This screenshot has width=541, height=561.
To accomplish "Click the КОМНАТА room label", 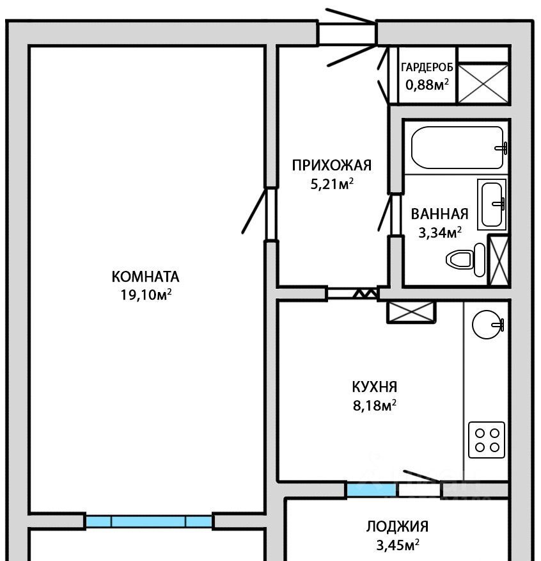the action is coord(145,277).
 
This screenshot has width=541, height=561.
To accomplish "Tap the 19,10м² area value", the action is coord(146,295).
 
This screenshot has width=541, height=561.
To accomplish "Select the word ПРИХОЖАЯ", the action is coord(332,166).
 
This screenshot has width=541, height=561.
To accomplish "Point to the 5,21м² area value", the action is coord(332,184).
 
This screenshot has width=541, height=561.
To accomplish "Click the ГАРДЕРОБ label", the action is coord(427,67).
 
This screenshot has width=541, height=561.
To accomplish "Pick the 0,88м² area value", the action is coord(427,85).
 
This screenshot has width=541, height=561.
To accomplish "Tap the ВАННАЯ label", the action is coord(439,214).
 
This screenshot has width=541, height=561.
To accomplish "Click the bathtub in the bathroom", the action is coord(459,147).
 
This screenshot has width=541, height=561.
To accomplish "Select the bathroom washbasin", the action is coord(492,204).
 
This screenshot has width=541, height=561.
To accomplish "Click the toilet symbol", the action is coord(466,259).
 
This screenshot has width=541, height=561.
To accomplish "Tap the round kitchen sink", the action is coord(487,324).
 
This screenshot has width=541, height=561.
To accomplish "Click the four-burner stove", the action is coord(487,440).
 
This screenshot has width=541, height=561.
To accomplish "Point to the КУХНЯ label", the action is coord(375,387).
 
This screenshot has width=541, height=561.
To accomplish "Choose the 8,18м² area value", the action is coord(375,405).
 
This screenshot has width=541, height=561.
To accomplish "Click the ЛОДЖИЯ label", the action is coord(397,526).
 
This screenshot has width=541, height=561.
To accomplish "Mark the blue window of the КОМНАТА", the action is coord(148,521).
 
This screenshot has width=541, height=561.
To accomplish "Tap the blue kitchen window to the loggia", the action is coord(372,489).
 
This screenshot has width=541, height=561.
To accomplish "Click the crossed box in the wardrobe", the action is coord(483,84).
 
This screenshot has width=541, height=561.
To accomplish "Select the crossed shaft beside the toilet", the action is coord(499,261).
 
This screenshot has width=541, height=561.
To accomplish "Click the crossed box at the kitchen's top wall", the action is coord(411,312).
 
